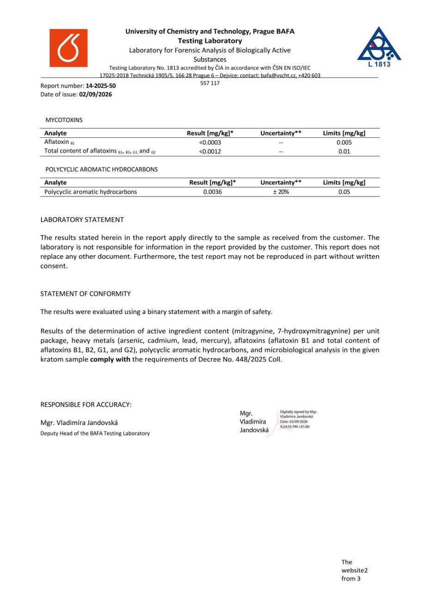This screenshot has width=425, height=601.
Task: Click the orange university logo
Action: click(68, 48)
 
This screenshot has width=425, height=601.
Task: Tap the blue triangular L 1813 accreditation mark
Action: click(379, 46)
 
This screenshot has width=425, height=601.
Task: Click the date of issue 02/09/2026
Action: click(95, 94)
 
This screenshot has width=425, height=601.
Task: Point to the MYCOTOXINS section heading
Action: click(64, 120)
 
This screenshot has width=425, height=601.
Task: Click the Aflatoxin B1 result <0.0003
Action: click(210, 142)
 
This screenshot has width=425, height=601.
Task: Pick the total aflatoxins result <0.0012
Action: click(210, 151)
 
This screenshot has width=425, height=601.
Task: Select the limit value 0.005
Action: click(344, 142)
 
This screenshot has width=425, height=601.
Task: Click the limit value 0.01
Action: click(344, 151)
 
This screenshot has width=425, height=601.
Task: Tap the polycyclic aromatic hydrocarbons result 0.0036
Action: click(213, 192)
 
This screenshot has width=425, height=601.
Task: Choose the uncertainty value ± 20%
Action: click(281, 192)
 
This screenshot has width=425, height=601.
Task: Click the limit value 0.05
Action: click(344, 192)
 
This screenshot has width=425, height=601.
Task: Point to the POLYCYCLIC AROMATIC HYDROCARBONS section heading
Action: click(101, 169)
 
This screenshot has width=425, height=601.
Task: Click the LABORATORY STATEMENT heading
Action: click(82, 220)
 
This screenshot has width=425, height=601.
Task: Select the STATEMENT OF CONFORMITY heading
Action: click(86, 294)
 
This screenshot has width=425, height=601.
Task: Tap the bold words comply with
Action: click(110, 359)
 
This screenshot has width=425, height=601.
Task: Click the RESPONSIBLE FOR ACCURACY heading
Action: click(86, 405)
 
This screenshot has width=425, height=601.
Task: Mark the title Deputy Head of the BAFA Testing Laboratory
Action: click(95, 433)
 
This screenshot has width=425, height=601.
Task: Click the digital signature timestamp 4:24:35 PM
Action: click(289, 427)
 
